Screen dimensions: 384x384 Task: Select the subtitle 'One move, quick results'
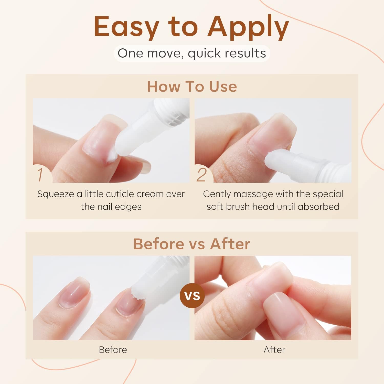click(x=192, y=53)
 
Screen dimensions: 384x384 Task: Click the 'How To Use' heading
click(x=192, y=87)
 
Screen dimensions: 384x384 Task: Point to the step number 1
click(x=40, y=175)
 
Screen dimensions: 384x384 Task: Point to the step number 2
click(x=201, y=175)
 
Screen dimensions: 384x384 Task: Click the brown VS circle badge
click(x=192, y=296)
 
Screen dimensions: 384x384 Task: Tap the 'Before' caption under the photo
click(x=113, y=350)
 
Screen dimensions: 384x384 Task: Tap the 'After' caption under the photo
click(x=274, y=350)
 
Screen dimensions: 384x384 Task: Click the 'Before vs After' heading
click(x=192, y=244)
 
